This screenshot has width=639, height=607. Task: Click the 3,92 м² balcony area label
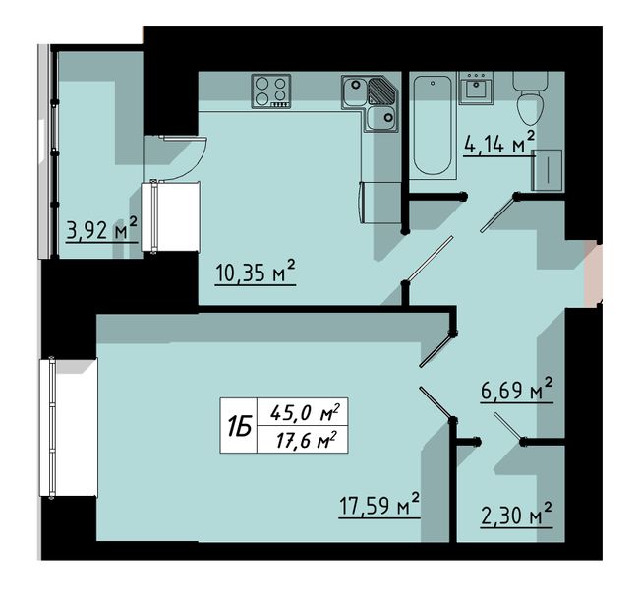click(102, 229)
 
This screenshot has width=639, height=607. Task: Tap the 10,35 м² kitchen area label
click(256, 273)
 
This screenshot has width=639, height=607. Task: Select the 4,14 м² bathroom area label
click(499, 143)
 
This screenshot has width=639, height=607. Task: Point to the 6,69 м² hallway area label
click(517, 390)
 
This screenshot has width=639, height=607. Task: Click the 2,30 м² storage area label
click(517, 515)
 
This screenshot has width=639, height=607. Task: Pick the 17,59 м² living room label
click(379, 505)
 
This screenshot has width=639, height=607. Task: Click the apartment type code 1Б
click(239, 426)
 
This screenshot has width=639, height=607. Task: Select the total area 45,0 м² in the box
click(305, 412)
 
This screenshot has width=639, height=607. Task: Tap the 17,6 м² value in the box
click(307, 440)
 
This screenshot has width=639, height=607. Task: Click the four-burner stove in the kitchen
click(271, 91)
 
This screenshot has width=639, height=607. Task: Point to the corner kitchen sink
click(370, 102)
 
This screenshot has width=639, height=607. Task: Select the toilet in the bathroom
click(530, 99)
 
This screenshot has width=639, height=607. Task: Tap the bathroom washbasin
click(476, 89)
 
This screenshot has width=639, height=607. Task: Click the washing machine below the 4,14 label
click(547, 169)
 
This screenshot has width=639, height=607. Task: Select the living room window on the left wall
click(52, 428)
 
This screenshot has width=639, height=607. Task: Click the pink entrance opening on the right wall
click(593, 273)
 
